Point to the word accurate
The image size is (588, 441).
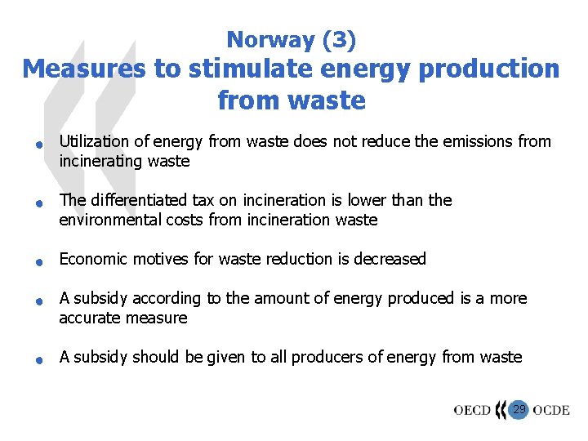[89, 318]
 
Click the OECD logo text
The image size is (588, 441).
[472, 409]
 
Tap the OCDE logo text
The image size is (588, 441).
[551, 409]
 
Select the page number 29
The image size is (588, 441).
[519, 408]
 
